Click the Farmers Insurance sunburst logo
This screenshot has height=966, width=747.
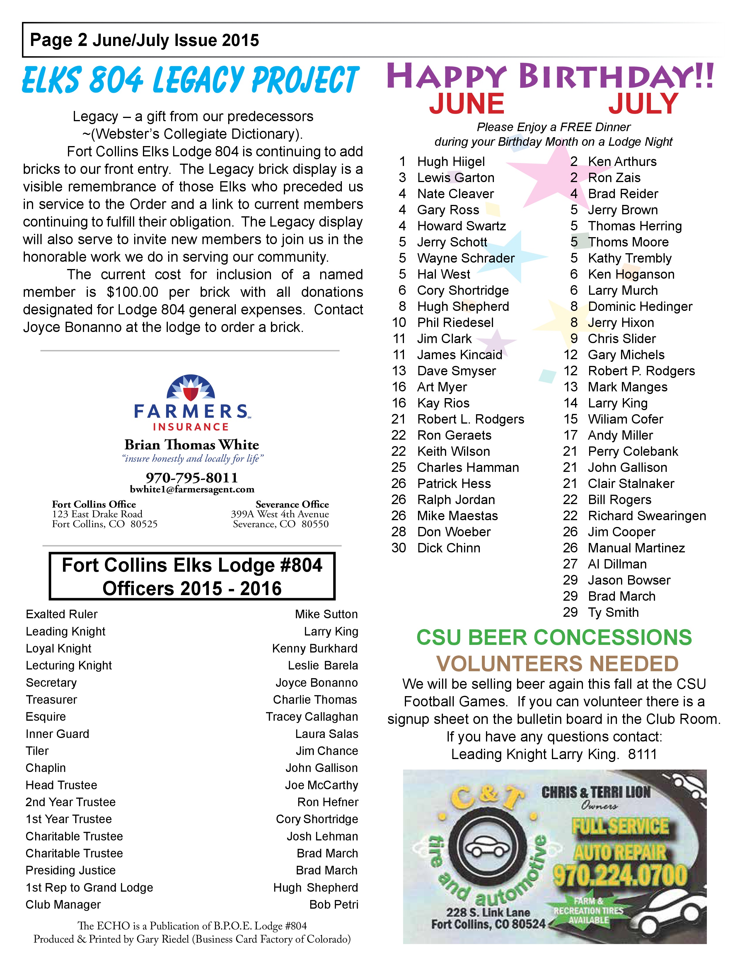click(190, 388)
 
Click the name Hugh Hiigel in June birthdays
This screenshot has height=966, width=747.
click(451, 162)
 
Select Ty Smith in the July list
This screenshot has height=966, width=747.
click(613, 613)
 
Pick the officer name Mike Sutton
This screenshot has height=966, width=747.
click(326, 614)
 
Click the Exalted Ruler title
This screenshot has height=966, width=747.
click(62, 614)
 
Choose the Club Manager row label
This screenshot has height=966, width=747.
click(63, 905)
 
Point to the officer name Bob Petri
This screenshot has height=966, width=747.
click(334, 905)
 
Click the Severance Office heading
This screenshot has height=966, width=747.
click(292, 504)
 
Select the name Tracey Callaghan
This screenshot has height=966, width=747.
click(312, 717)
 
